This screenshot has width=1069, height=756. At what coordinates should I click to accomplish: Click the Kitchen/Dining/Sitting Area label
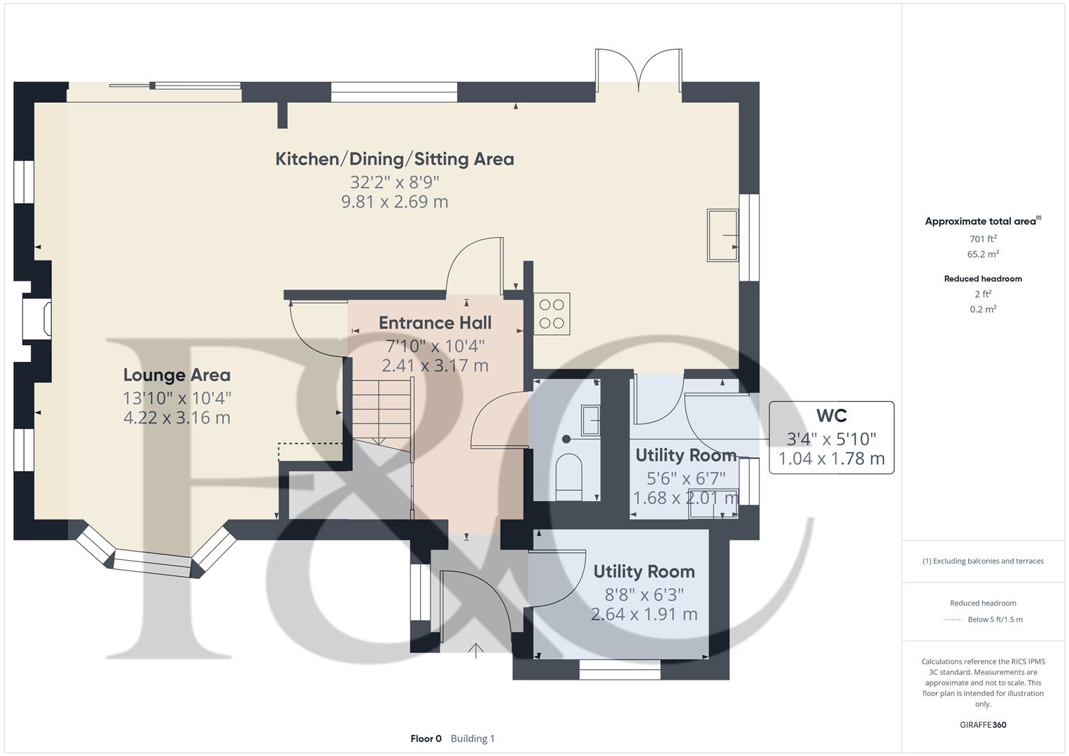(x=395, y=159)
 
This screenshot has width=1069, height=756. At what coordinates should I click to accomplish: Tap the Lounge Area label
(x=176, y=375)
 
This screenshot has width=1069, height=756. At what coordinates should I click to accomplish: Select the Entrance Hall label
(x=435, y=323)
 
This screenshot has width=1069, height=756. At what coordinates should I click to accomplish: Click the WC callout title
(x=832, y=416)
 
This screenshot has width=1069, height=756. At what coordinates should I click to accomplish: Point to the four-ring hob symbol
(x=552, y=314)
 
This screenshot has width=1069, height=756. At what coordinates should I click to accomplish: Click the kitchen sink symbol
(x=722, y=235)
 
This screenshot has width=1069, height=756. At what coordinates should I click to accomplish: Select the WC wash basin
(x=590, y=420)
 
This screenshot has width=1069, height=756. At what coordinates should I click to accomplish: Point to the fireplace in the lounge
(x=37, y=318)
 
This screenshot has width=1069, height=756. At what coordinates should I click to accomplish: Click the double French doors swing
(x=638, y=70)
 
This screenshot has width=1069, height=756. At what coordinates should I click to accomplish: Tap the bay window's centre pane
(x=152, y=563)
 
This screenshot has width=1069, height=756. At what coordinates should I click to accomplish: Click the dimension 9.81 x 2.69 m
(x=395, y=202)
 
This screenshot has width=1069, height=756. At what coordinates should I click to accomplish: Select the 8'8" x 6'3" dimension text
(x=644, y=595)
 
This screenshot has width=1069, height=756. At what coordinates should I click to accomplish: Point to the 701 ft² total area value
(x=983, y=239)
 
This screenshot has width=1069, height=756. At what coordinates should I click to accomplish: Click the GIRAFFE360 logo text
(x=983, y=724)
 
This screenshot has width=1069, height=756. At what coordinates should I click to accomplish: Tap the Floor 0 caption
(x=426, y=738)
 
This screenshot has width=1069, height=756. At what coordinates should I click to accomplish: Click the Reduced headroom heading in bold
(x=983, y=279)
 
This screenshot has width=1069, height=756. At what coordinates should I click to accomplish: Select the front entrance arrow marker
(x=476, y=650)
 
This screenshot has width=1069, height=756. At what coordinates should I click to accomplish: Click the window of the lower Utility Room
(x=620, y=670)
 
